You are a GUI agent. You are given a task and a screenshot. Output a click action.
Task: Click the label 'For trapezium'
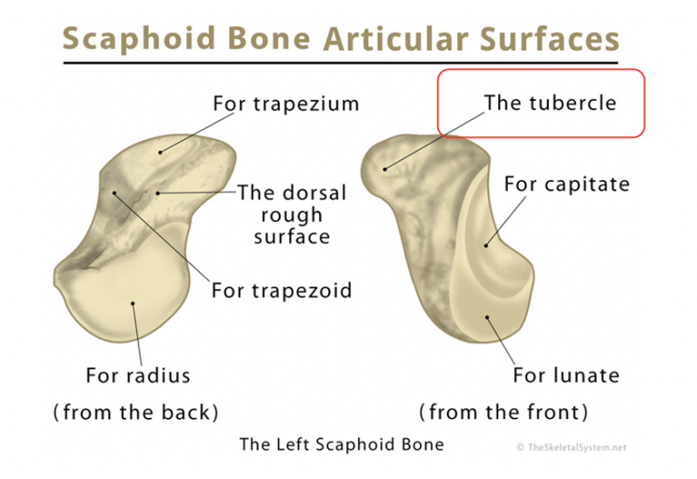(x=286, y=104)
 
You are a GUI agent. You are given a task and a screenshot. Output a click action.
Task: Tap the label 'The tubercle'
(x=550, y=103)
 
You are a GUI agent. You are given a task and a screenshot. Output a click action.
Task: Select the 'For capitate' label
(x=566, y=185)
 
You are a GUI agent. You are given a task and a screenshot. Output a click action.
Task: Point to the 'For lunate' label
(x=565, y=375)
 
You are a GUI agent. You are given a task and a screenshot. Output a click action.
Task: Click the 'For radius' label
(x=138, y=375)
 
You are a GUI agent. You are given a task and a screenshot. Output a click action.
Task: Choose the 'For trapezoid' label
(x=281, y=289)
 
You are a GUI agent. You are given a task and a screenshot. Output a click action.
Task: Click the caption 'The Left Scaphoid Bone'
(x=342, y=444)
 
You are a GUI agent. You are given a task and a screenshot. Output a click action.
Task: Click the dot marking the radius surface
(x=132, y=303)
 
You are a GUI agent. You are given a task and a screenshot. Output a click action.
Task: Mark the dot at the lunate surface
(x=489, y=320)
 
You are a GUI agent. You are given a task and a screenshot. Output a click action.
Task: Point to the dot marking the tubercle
(x=383, y=166)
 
